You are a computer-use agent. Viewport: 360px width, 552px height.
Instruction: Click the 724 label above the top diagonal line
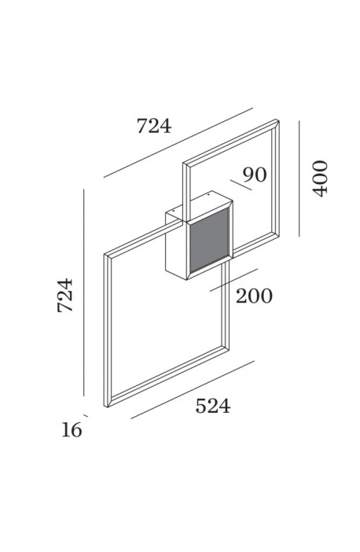coord(154,126)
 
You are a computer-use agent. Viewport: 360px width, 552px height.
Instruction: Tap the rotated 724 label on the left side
coord(65,295)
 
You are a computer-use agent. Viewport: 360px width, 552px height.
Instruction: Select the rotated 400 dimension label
coord(320,178)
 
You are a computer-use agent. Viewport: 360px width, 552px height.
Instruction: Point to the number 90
coord(255,175)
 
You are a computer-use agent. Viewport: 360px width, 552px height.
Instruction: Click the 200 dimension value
coord(254,296)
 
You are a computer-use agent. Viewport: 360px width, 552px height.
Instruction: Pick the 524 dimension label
coord(213,406)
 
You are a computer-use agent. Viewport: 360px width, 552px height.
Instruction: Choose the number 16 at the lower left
coord(72,430)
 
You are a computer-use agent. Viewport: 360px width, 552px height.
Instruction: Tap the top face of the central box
coord(200,207)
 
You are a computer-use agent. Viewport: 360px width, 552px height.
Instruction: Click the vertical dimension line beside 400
coord(299,178)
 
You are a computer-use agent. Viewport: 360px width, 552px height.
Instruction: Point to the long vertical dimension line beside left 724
coord(84,293)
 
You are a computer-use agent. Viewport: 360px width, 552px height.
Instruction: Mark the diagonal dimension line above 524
coord(193,389)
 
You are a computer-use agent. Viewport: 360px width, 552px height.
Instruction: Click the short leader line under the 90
coord(241,185)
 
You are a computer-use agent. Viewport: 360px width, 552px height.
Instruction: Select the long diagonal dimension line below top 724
coord(178,142)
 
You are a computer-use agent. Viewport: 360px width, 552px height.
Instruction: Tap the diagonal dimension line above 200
coord(233,280)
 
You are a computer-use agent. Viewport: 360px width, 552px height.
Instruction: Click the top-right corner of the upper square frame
coord(279,120)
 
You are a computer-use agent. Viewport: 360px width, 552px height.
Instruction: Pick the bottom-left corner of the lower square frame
coord(107,407)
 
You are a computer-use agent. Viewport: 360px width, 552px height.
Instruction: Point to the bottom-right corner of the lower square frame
coord(229,349)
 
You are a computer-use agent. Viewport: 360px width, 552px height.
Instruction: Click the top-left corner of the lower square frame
coord(105,254)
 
